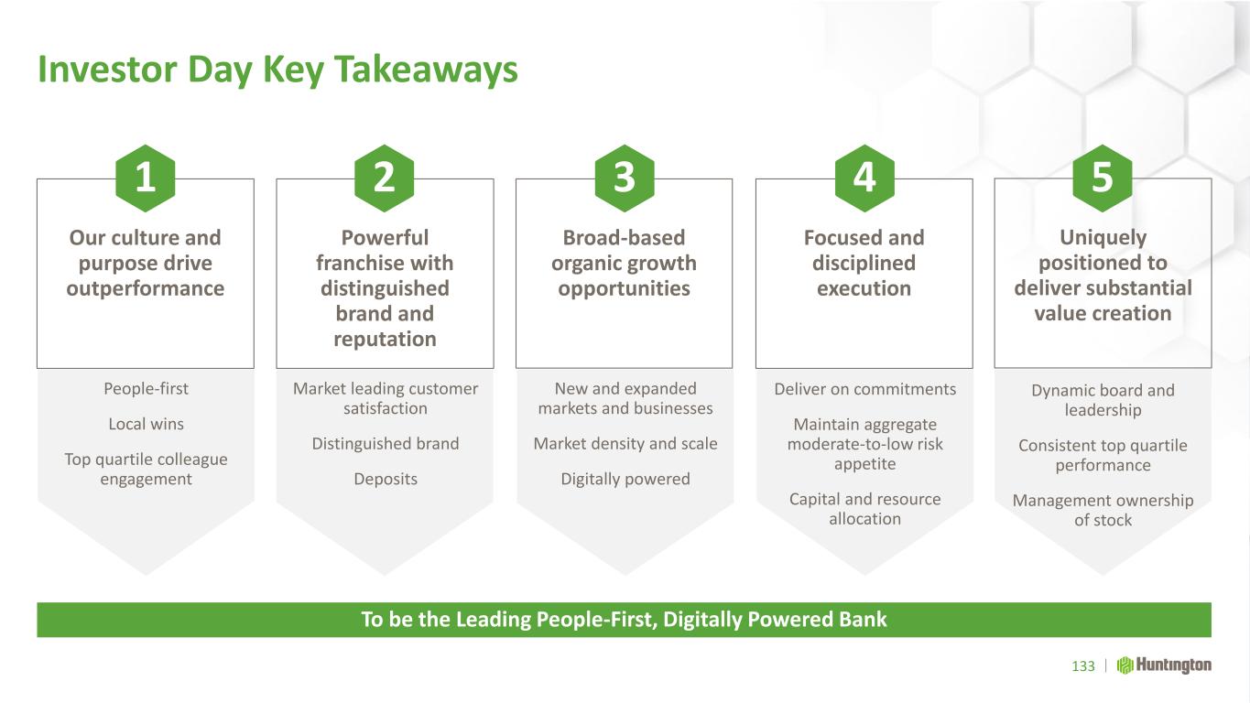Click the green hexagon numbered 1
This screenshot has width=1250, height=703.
pyautogui.click(x=145, y=178)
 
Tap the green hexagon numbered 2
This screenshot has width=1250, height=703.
pyautogui.click(x=385, y=178)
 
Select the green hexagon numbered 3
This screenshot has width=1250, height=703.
pyautogui.click(x=625, y=178)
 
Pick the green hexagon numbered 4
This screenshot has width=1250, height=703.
pyautogui.click(x=864, y=178)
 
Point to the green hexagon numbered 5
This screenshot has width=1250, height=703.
pyautogui.click(x=1103, y=178)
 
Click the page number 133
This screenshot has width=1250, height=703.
pyautogui.click(x=1083, y=666)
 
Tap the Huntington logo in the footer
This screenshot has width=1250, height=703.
pyautogui.click(x=1164, y=665)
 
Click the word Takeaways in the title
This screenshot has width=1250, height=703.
pyautogui.click(x=427, y=70)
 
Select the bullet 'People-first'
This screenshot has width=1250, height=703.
pyautogui.click(x=147, y=388)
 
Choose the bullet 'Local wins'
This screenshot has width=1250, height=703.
pyautogui.click(x=147, y=424)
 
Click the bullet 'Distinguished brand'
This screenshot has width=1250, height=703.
pyautogui.click(x=386, y=444)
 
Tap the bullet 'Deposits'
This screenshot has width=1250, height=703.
pyautogui.click(x=386, y=480)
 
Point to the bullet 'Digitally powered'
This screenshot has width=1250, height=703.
pyautogui.click(x=625, y=480)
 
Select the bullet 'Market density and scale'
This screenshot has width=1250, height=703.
pyautogui.click(x=625, y=444)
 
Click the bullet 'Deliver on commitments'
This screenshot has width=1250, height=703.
pyautogui.click(x=865, y=389)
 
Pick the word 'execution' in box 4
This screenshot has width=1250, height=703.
pyautogui.click(x=864, y=288)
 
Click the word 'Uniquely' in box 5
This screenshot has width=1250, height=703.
pyautogui.click(x=1103, y=238)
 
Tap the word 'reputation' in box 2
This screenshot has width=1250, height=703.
pyautogui.click(x=385, y=340)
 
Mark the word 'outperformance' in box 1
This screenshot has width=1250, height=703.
pyautogui.click(x=145, y=289)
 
